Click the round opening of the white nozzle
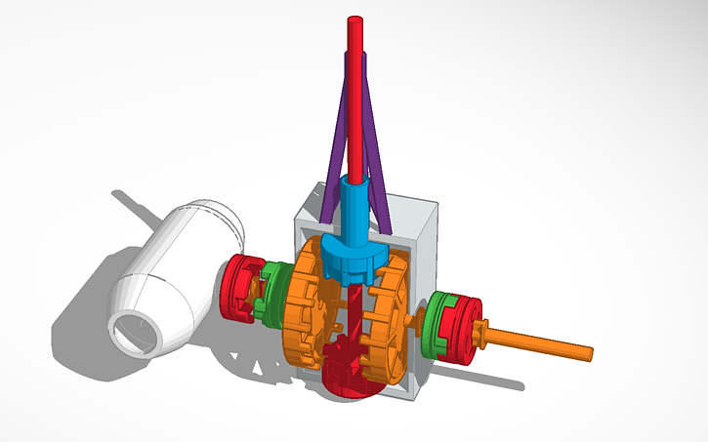click(136, 331)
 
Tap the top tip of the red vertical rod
click(354, 21)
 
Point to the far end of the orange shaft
click(589, 353)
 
